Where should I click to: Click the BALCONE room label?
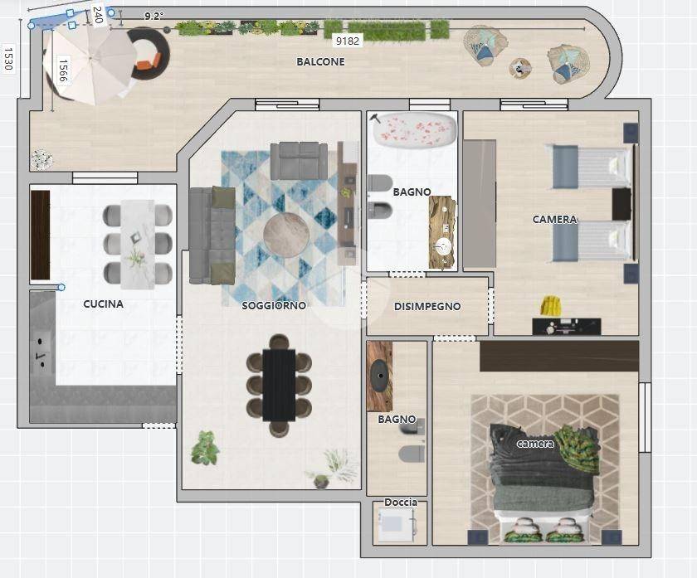320,61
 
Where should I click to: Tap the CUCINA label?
103,304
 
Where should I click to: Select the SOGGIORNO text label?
274,306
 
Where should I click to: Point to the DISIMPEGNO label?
427,306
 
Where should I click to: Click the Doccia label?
401,502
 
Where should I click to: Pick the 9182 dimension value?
347,41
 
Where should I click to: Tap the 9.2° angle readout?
154,17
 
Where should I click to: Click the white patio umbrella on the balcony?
90,65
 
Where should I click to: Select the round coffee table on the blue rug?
285,235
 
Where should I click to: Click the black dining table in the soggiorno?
279,385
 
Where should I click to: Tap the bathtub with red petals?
415,129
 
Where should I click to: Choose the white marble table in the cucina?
138,244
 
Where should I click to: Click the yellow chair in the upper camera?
551,306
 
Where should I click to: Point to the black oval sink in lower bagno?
380,376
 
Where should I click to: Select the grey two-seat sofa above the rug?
299,161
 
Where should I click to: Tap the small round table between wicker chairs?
520,69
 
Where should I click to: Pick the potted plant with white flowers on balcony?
41,160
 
